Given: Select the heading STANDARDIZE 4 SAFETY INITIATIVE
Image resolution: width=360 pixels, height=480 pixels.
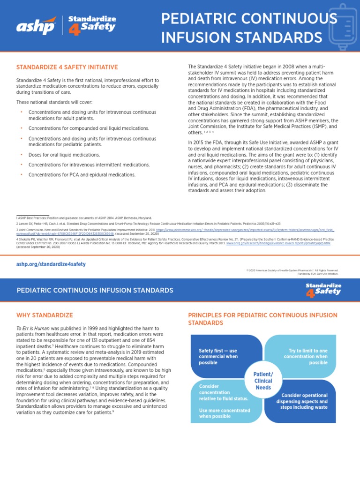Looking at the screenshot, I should point(67,67).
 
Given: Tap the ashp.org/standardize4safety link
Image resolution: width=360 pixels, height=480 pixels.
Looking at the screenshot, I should point(51,264).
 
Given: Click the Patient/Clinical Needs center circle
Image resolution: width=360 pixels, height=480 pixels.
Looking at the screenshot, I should point(262,381).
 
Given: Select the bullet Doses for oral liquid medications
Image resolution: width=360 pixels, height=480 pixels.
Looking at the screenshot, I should point(64,154).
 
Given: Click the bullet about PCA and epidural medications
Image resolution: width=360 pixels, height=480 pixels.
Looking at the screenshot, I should point(82,175).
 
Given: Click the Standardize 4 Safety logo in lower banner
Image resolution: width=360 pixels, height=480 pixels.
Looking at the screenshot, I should point(323,289).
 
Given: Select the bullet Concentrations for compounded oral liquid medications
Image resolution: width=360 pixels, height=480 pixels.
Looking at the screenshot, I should point(89,128).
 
